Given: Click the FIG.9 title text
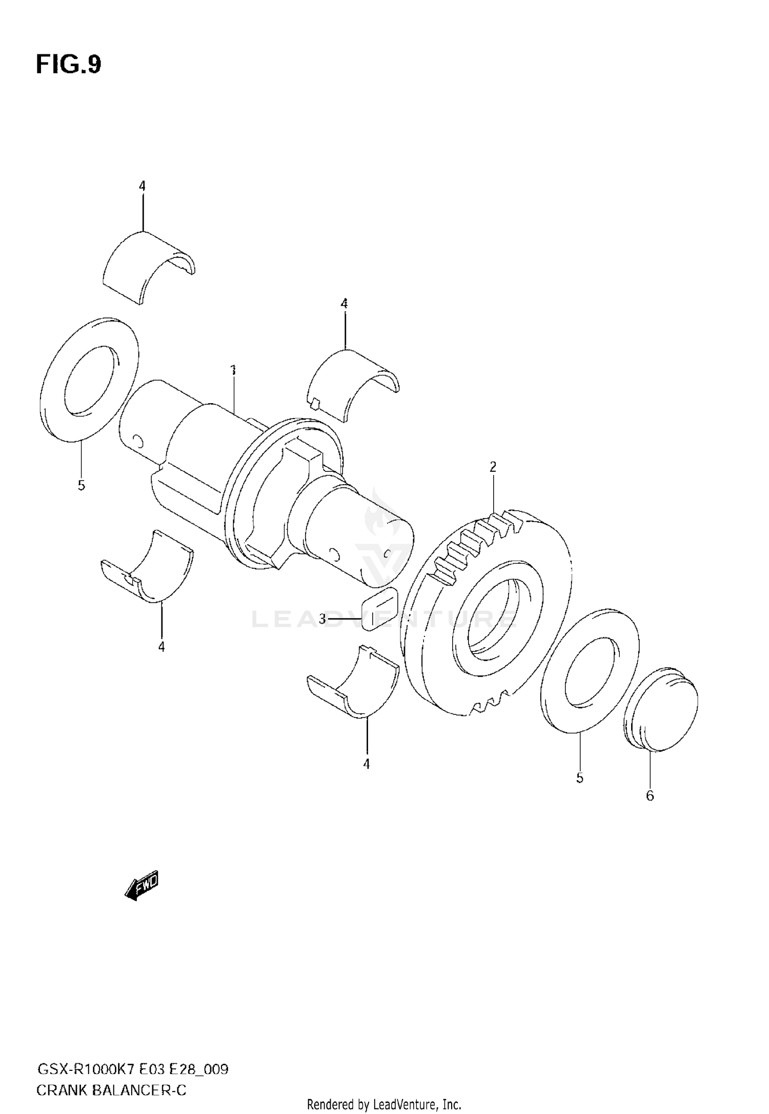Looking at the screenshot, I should point(68,65).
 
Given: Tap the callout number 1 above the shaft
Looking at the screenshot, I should point(233,370).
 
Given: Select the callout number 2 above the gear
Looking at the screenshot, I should point(493,467).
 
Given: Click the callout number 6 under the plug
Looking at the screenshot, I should point(650,795).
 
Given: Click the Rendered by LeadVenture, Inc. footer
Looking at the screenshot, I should point(384,1104).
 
